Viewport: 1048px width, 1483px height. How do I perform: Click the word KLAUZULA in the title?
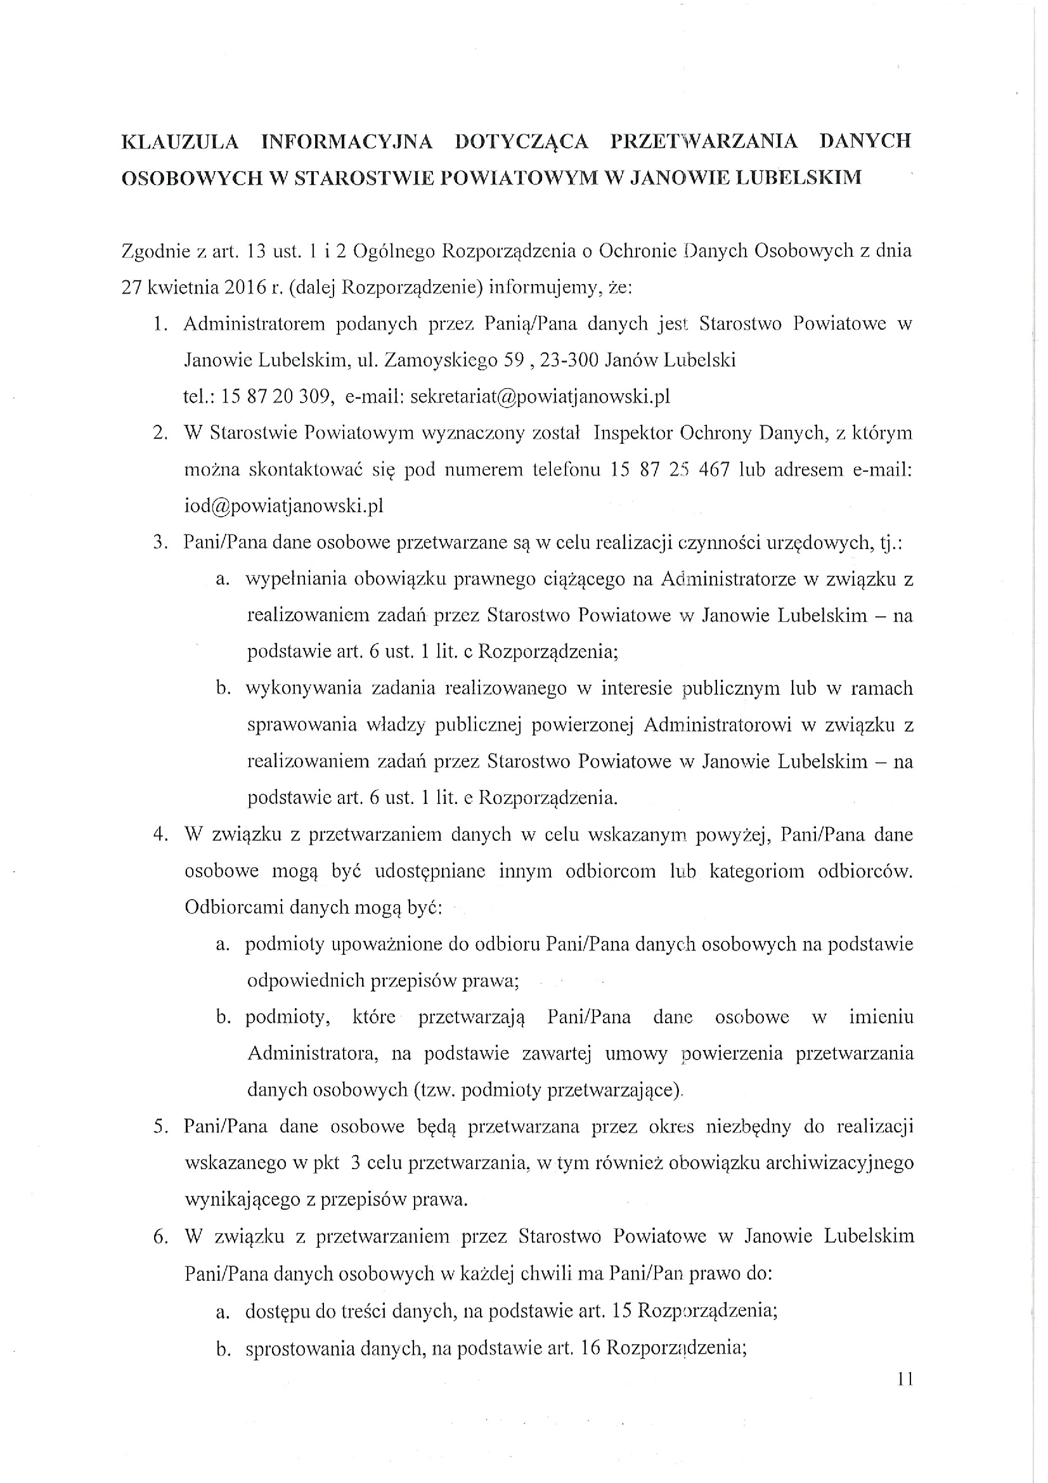(180, 141)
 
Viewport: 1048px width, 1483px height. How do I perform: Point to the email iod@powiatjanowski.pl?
(284, 506)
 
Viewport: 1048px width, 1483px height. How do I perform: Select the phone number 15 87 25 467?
(670, 469)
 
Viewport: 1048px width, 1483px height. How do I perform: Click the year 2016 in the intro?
(245, 287)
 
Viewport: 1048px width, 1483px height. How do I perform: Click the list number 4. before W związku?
(161, 834)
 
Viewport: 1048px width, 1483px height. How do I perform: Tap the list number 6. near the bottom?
(161, 1236)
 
